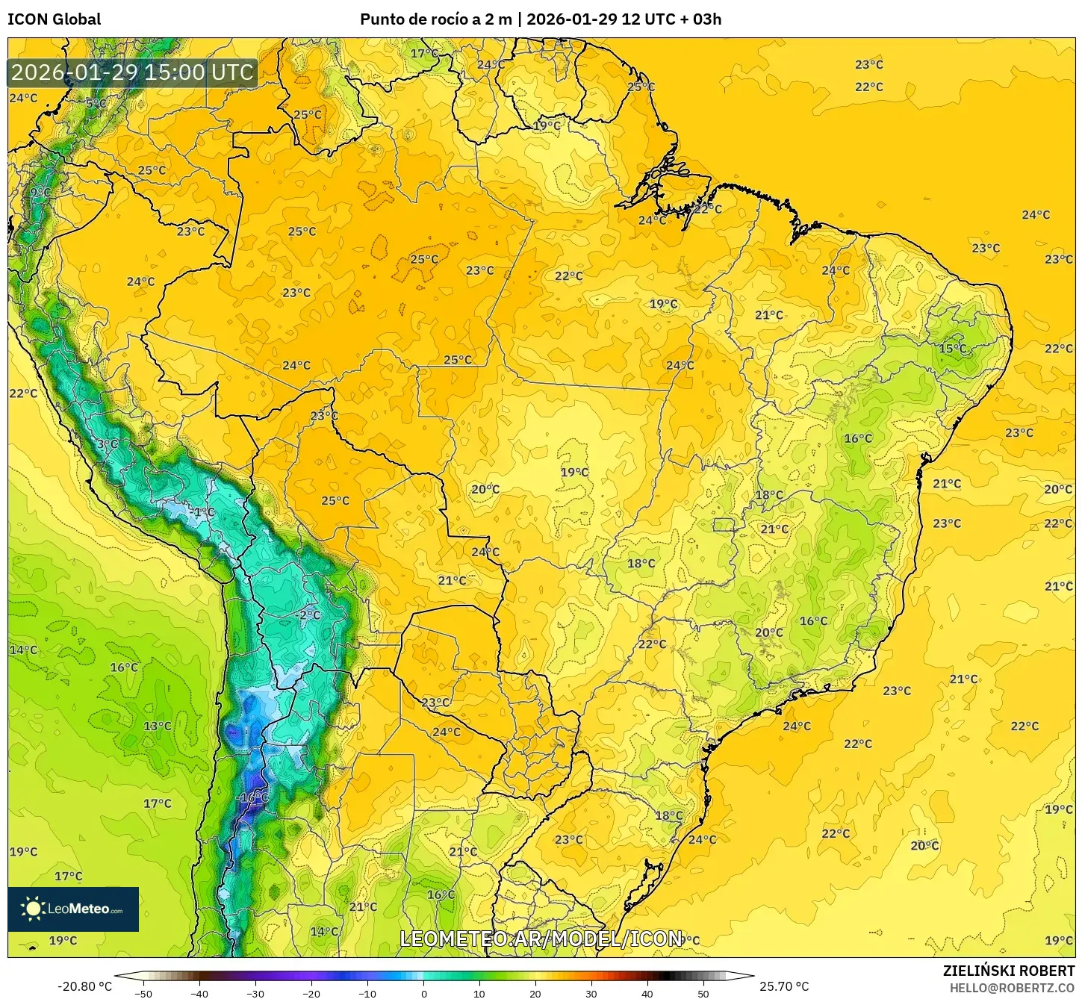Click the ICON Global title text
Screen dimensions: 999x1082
click(x=54, y=19)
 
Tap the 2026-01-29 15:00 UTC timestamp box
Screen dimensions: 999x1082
click(x=133, y=72)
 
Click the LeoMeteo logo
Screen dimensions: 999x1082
click(x=73, y=909)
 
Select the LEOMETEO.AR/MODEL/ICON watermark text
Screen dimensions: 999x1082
click(x=541, y=939)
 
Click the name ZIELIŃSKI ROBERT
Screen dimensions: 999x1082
click(x=1008, y=971)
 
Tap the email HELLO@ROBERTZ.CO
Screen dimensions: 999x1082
click(x=1012, y=988)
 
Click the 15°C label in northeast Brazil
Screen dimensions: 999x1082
click(x=952, y=349)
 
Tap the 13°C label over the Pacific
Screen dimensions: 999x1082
click(x=158, y=726)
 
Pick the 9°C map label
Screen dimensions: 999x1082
click(x=40, y=193)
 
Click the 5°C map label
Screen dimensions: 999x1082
click(x=96, y=104)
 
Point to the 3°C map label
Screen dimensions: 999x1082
click(x=107, y=444)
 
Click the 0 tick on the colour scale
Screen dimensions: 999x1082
click(x=423, y=993)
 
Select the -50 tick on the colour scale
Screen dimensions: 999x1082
click(x=143, y=993)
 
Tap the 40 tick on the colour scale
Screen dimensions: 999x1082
click(x=647, y=993)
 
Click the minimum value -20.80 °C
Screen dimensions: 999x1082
click(x=84, y=986)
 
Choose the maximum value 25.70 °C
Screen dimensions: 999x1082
click(x=784, y=986)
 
